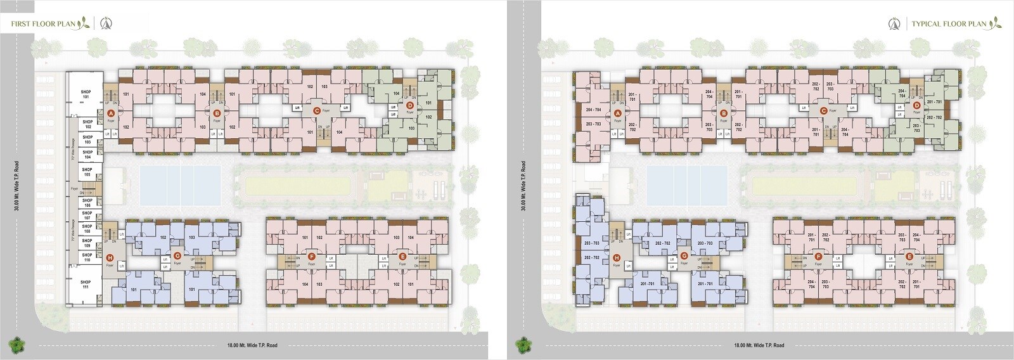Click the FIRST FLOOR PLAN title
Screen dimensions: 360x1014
43,24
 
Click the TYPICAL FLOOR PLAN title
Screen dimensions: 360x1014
949,24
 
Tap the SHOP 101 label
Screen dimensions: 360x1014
86,94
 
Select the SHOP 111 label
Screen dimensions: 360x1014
86,285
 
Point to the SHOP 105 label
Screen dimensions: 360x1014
87,172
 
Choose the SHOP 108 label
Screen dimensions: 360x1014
87,229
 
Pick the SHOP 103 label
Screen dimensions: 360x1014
87,139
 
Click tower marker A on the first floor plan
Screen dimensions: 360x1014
111,112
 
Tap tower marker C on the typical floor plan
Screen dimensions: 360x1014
823,111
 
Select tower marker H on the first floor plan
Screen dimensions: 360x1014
110,257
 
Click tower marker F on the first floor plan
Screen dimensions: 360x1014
311,257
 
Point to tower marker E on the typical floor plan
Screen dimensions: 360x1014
909,257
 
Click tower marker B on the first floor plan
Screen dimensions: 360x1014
217,113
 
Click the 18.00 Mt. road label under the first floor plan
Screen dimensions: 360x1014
252,345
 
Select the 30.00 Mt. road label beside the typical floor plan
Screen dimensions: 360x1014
523,186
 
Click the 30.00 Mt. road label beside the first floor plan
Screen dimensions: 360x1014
17,186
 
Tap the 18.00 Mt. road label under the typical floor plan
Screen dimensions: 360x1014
759,345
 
